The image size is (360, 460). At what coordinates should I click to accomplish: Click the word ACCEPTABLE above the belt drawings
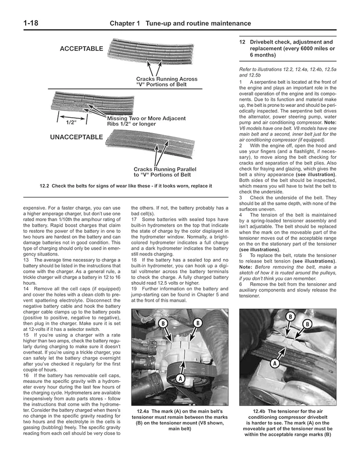pyautogui.click(x=81, y=49)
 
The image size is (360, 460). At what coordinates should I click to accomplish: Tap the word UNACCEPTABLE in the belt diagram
pyautogui.click(x=77, y=137)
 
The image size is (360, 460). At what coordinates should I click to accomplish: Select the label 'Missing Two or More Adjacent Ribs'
pyautogui.click(x=146, y=121)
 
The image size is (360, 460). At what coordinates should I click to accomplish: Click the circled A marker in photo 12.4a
pyautogui.click(x=180, y=378)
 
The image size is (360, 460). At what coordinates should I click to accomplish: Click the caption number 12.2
pyautogui.click(x=46, y=186)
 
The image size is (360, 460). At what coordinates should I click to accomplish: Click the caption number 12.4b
pyautogui.click(x=254, y=411)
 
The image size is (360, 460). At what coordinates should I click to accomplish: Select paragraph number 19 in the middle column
pyautogui.click(x=134, y=289)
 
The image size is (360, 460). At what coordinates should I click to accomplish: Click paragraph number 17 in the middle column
pyautogui.click(x=134, y=220)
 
